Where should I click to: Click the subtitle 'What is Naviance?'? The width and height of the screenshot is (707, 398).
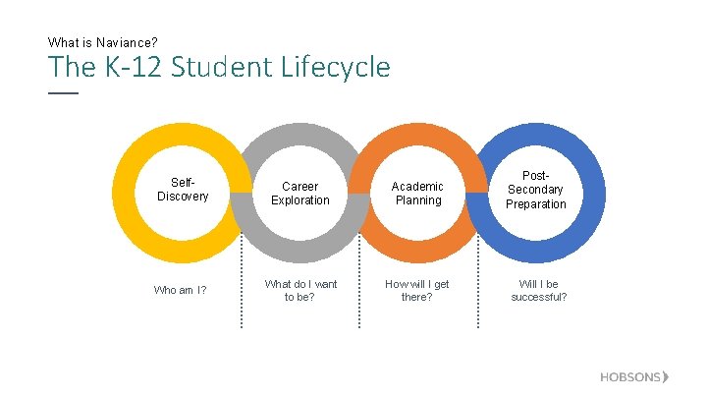[103, 43]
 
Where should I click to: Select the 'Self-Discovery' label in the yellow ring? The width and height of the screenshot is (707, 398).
[183, 190]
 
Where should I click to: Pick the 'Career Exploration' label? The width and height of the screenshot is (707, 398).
[300, 193]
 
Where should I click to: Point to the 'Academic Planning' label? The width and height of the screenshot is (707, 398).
[418, 193]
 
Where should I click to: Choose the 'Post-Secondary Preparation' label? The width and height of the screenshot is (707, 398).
[536, 190]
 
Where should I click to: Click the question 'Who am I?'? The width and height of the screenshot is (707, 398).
[181, 290]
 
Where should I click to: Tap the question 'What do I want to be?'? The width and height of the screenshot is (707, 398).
[299, 290]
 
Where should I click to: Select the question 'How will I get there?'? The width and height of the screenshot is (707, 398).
[417, 290]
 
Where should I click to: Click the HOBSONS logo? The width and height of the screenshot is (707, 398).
[634, 377]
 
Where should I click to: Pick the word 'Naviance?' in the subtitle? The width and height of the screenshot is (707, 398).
[130, 43]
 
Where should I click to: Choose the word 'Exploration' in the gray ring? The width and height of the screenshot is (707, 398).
[300, 200]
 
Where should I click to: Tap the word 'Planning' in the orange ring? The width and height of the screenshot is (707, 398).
[418, 200]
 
